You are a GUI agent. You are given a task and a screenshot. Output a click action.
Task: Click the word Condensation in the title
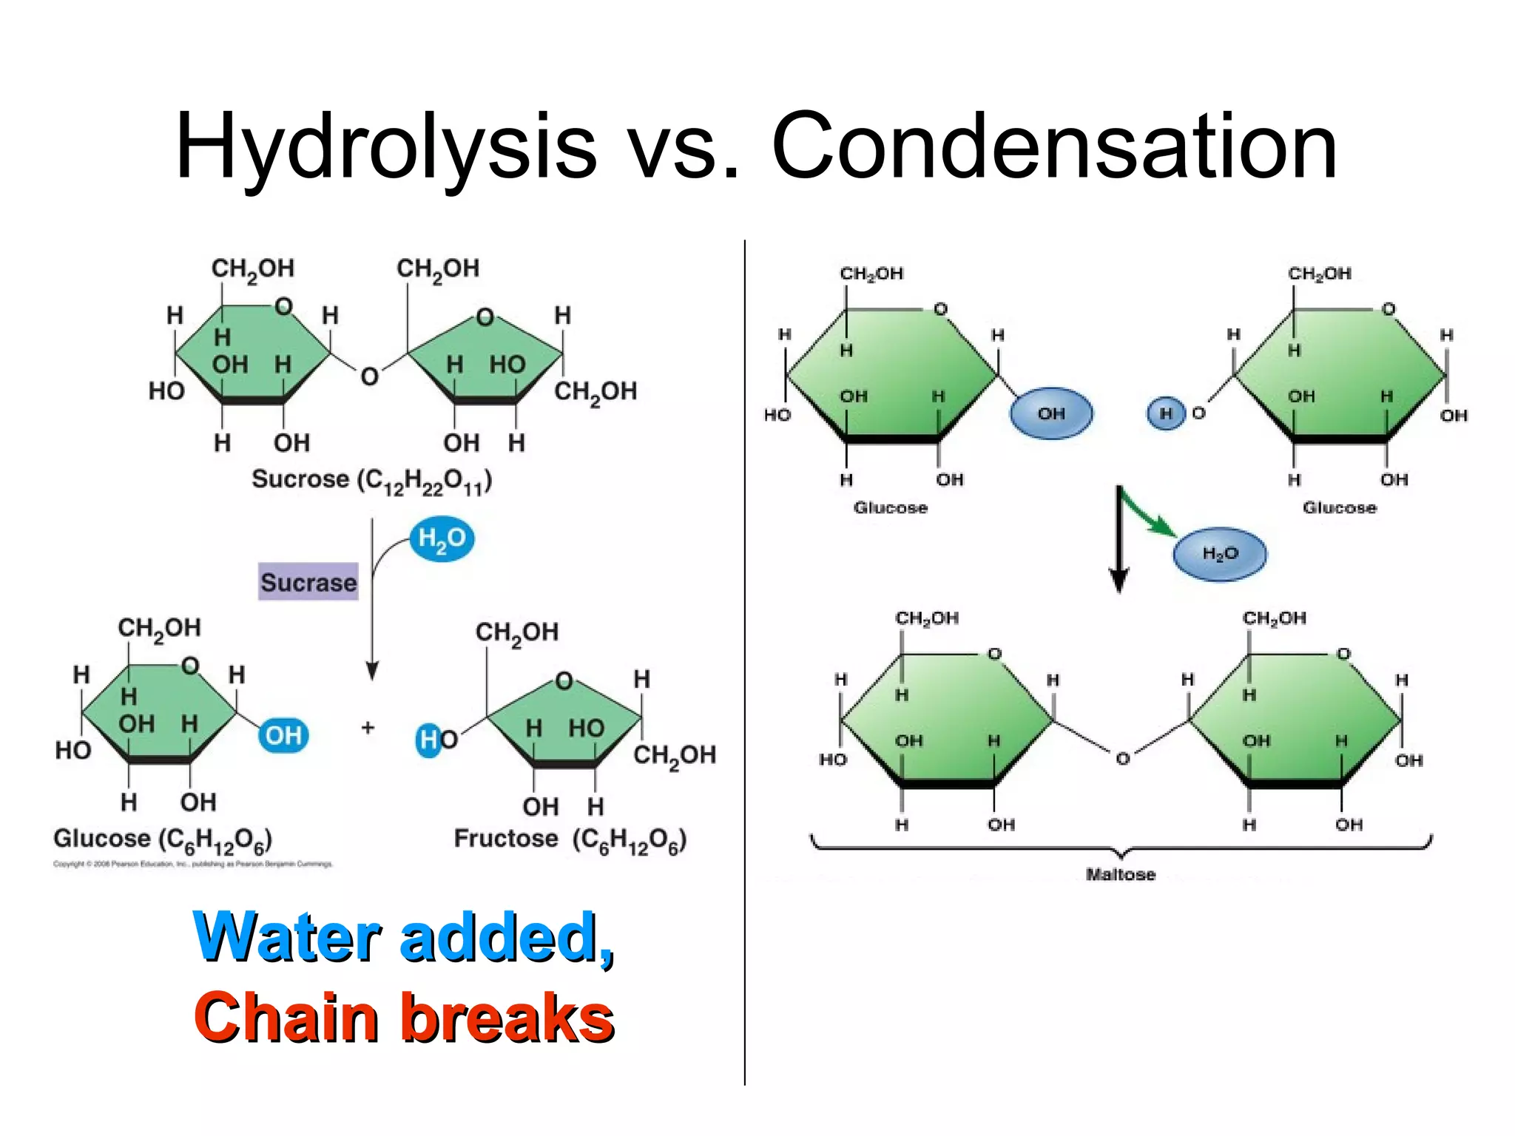(x=1054, y=146)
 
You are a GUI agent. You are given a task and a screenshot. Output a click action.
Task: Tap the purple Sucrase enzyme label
(x=308, y=582)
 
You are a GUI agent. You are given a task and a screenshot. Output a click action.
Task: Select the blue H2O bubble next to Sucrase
(x=442, y=538)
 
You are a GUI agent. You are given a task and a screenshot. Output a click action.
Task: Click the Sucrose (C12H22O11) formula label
(x=371, y=480)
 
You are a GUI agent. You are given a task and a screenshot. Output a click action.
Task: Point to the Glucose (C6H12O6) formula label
(x=163, y=839)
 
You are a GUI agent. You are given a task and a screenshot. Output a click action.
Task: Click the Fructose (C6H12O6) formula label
(x=570, y=839)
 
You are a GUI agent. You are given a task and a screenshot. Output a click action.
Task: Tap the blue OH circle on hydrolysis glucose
(x=283, y=735)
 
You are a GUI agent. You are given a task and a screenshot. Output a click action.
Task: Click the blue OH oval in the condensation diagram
(x=1050, y=413)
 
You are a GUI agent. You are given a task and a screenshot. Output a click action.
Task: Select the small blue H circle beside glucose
(x=1166, y=413)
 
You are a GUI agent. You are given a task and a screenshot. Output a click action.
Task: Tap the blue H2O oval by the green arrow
(x=1220, y=553)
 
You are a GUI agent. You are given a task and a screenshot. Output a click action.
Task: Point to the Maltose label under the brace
(x=1120, y=874)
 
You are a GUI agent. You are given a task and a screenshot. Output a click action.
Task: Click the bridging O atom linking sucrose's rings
(x=369, y=376)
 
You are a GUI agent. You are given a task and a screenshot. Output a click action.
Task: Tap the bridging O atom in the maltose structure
(x=1122, y=759)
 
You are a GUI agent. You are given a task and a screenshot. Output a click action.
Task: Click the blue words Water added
(x=403, y=937)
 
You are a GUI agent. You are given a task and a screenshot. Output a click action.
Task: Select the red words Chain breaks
(x=404, y=1018)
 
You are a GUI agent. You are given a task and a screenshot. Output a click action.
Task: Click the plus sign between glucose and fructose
(x=368, y=728)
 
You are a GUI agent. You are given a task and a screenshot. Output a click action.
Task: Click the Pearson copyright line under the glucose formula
(x=192, y=864)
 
